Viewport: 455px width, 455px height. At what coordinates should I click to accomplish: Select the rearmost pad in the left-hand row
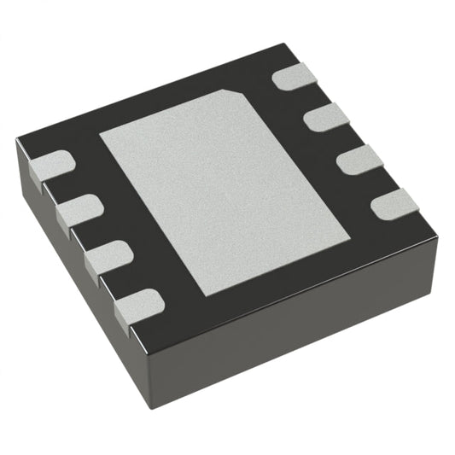click(x=51, y=164)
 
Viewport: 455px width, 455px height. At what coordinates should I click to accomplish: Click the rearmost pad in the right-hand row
click(x=295, y=77)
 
